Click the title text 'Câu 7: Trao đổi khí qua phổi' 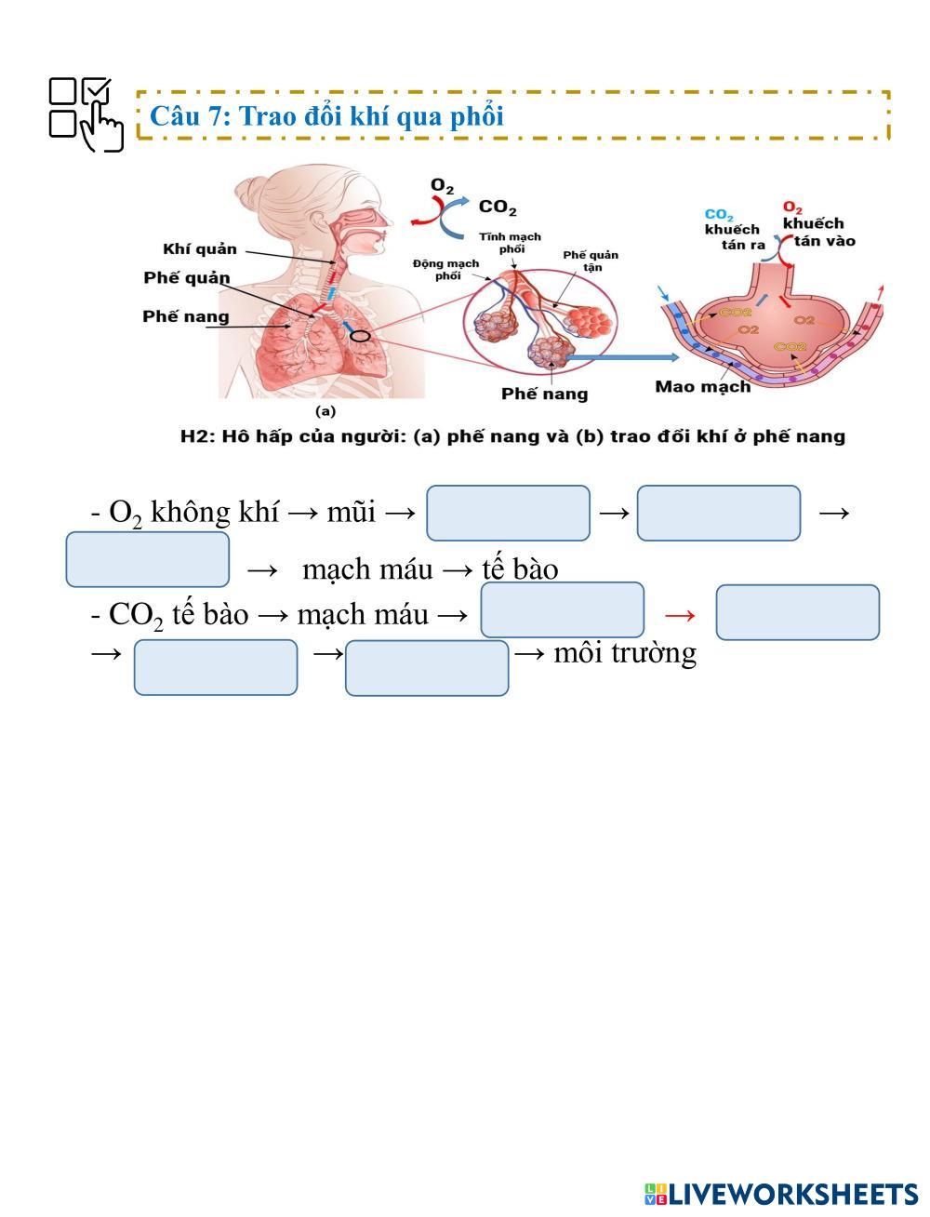(x=326, y=116)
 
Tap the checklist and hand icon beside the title (x=86, y=114)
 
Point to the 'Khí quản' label (x=200, y=249)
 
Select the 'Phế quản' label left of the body (x=187, y=278)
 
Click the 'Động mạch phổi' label (x=446, y=269)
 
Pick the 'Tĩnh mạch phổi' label (x=511, y=242)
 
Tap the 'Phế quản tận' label (x=591, y=261)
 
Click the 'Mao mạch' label (x=702, y=387)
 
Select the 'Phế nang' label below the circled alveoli (x=545, y=394)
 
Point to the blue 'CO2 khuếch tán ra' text (x=735, y=230)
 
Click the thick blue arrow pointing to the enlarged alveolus (x=624, y=357)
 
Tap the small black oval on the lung (x=360, y=336)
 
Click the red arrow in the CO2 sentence (x=680, y=614)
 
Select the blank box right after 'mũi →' (x=508, y=513)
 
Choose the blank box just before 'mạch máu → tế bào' (x=148, y=559)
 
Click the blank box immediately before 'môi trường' (x=427, y=667)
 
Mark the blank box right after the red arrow (x=797, y=612)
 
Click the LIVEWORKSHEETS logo (x=780, y=1195)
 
